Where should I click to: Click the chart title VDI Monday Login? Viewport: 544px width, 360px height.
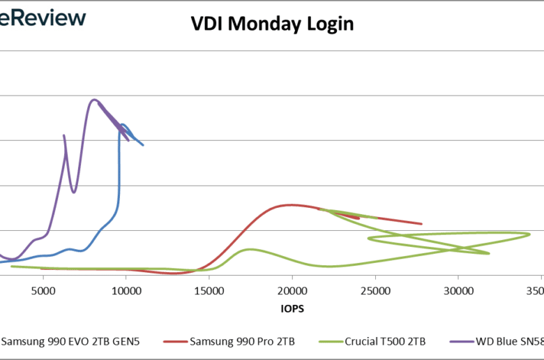pyautogui.click(x=273, y=24)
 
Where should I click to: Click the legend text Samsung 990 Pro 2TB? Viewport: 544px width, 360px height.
pyautogui.click(x=242, y=342)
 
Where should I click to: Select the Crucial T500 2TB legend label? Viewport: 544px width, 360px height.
pyautogui.click(x=384, y=342)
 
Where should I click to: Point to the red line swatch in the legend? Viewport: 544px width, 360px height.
pyautogui.click(x=176, y=342)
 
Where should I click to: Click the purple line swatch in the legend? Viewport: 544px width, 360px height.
pyautogui.click(x=462, y=342)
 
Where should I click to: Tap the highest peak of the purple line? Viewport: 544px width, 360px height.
pyautogui.click(x=94, y=100)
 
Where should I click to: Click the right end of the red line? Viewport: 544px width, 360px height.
pyautogui.click(x=421, y=224)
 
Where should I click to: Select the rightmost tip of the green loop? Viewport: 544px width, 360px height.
pyautogui.click(x=530, y=234)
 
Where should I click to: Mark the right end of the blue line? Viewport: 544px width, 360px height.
pyautogui.click(x=143, y=145)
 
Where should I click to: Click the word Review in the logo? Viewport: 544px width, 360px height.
pyautogui.click(x=48, y=17)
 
